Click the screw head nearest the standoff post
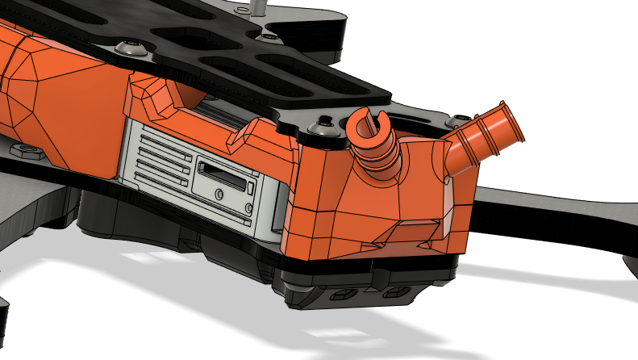point(266,36)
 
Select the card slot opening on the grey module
point(222,171)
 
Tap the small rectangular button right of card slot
point(251,189)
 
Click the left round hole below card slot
point(219,194)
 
